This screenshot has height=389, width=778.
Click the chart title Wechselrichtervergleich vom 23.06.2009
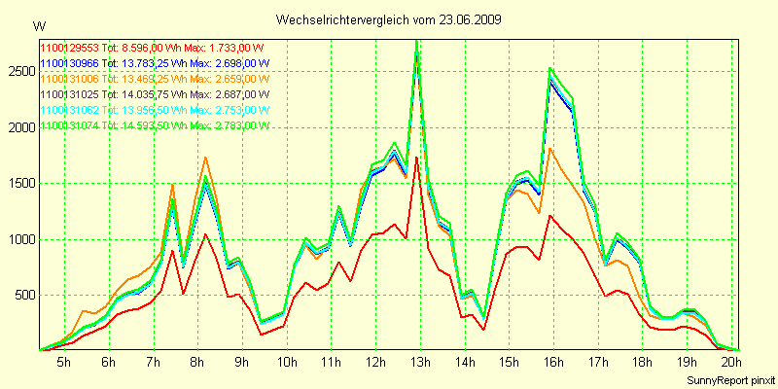tap(388, 19)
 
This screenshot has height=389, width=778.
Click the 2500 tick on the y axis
tap(20, 71)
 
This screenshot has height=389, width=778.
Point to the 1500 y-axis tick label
tap(20, 183)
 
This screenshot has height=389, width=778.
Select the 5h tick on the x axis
tap(63, 363)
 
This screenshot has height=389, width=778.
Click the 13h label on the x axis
tap(419, 363)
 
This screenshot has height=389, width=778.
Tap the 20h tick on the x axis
tap(730, 363)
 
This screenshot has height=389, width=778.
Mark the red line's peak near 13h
tap(416, 158)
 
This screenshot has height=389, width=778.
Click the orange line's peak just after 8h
tap(205, 158)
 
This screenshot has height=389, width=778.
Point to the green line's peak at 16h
tap(550, 69)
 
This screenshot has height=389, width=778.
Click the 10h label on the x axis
tap(286, 363)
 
